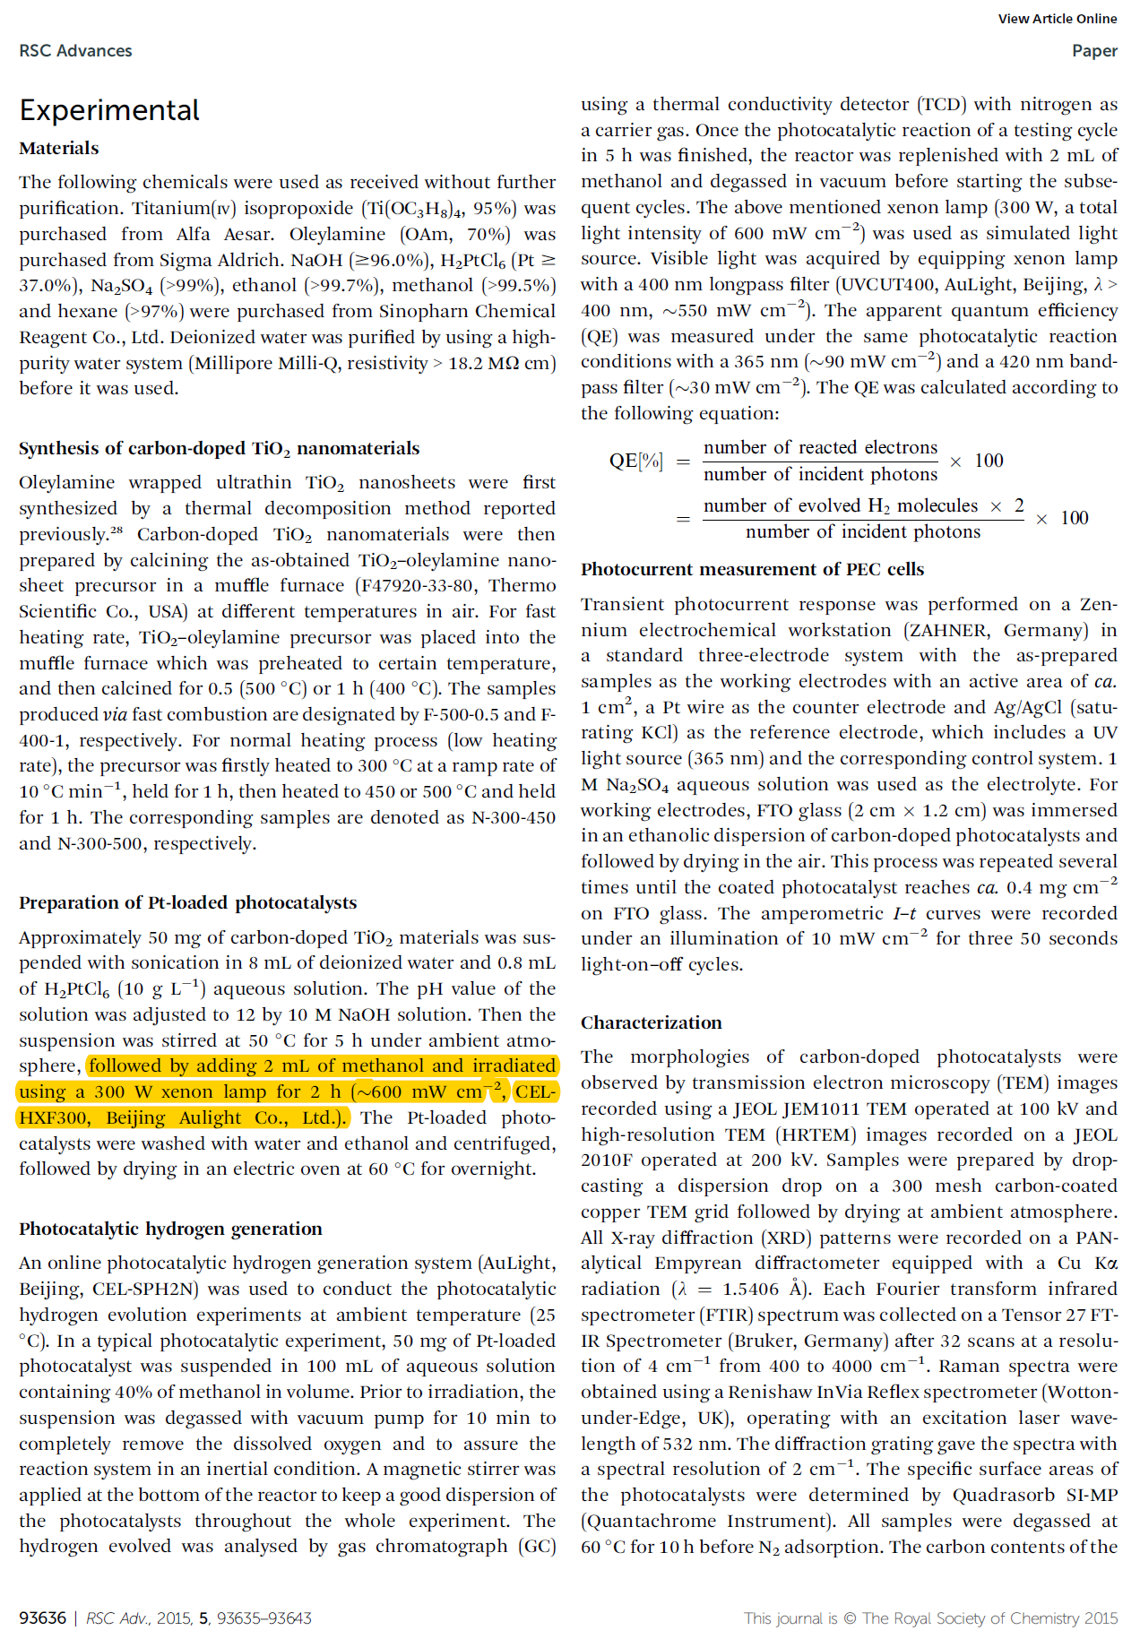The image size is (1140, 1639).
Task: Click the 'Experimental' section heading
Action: (x=109, y=110)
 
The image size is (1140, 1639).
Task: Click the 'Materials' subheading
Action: (x=59, y=149)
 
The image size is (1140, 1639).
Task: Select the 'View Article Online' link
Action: (x=1057, y=19)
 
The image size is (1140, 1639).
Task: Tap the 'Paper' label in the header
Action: (x=1094, y=51)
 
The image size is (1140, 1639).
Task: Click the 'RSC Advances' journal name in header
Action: (x=75, y=51)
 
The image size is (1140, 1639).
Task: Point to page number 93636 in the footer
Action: (x=42, y=1617)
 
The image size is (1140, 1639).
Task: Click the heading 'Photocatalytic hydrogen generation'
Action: (x=170, y=1229)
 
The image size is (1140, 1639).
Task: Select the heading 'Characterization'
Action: (x=651, y=1022)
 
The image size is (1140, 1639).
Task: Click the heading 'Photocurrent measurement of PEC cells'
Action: (x=752, y=569)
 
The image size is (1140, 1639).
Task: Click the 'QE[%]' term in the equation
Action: (x=635, y=461)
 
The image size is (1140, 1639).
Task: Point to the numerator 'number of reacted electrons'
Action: (x=820, y=447)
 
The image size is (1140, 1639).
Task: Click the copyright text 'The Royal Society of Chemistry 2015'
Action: (x=989, y=1617)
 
